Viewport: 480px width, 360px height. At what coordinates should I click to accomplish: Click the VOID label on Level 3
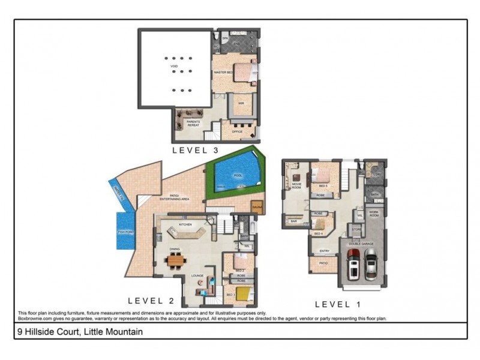[174, 65]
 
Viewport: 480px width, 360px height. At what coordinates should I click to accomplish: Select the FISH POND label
[125, 230]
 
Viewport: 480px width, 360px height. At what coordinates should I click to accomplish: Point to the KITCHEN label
[185, 223]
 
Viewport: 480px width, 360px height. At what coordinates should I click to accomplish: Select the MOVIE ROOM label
[296, 185]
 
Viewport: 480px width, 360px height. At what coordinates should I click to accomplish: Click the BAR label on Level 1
[294, 221]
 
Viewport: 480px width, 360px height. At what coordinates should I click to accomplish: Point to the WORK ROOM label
[374, 214]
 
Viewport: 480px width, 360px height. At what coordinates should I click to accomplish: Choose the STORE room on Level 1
[356, 229]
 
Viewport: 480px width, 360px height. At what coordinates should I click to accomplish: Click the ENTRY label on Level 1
[324, 251]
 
